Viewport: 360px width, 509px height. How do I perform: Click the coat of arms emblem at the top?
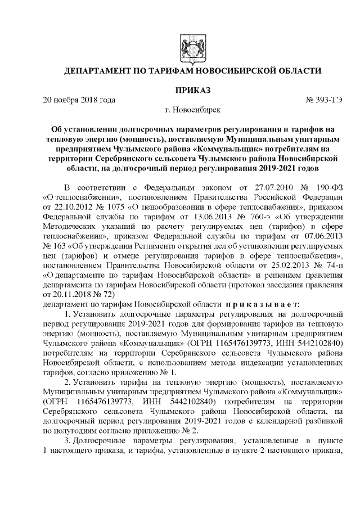[x=186, y=44]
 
